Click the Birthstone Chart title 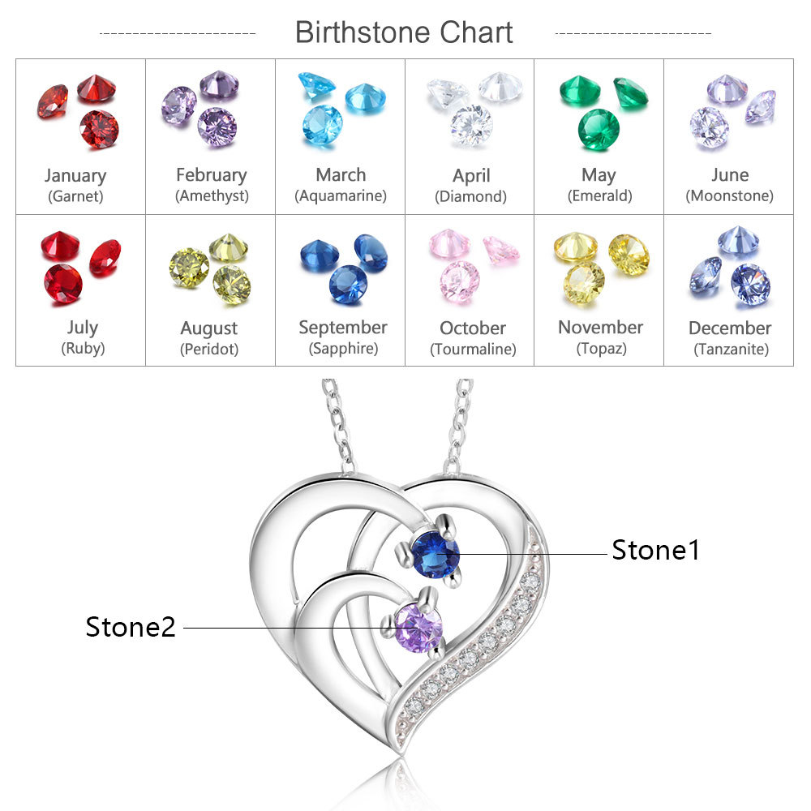coord(404,32)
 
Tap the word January coord(75,175)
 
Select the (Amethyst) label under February coord(212,195)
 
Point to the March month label coord(341,174)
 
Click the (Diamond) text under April coord(470,196)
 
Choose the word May coord(599,174)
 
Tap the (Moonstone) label coord(729,195)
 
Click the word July coord(82,328)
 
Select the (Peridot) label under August coord(209,350)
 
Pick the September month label coord(343,328)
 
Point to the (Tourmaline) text coord(473,350)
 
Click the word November coord(600,328)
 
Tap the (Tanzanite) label coord(731,350)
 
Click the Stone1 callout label coord(655,550)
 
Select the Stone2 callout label coord(131,627)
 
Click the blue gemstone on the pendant coord(435,554)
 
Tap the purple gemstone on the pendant coord(418,627)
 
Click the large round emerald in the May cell coord(599,128)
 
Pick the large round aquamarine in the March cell coord(323,124)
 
